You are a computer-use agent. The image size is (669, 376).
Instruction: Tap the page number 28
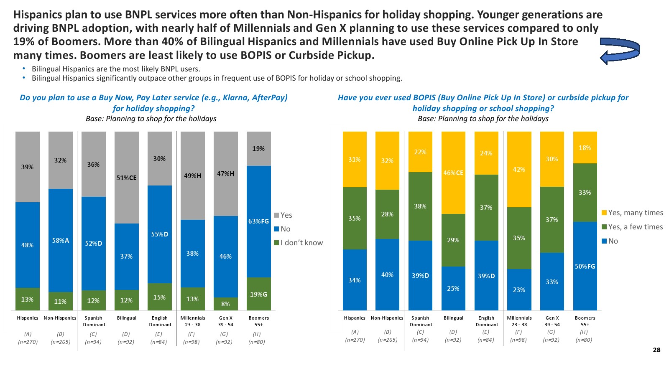point(656,350)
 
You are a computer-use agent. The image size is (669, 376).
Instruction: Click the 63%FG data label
point(258,221)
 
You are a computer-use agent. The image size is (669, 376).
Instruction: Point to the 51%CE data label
point(126,178)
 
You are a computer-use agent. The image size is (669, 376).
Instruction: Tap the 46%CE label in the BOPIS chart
point(453,173)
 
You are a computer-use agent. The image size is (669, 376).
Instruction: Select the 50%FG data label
point(585,267)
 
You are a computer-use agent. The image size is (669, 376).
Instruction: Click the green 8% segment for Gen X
point(225,304)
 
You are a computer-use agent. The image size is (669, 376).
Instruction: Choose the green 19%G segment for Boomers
point(258,294)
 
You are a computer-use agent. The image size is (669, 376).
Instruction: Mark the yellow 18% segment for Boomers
point(585,147)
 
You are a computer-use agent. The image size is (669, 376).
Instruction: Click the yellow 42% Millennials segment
point(519,169)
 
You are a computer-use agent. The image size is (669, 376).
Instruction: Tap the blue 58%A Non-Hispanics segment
point(60,241)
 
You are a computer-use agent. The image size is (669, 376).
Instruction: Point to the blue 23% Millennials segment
point(519,290)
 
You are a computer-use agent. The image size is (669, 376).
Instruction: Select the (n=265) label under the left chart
point(60,342)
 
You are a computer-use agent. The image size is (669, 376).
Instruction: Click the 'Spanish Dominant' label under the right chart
point(420,321)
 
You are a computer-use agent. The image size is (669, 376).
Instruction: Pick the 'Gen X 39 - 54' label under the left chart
point(225,321)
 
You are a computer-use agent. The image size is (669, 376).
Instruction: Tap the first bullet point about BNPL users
point(116,69)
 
